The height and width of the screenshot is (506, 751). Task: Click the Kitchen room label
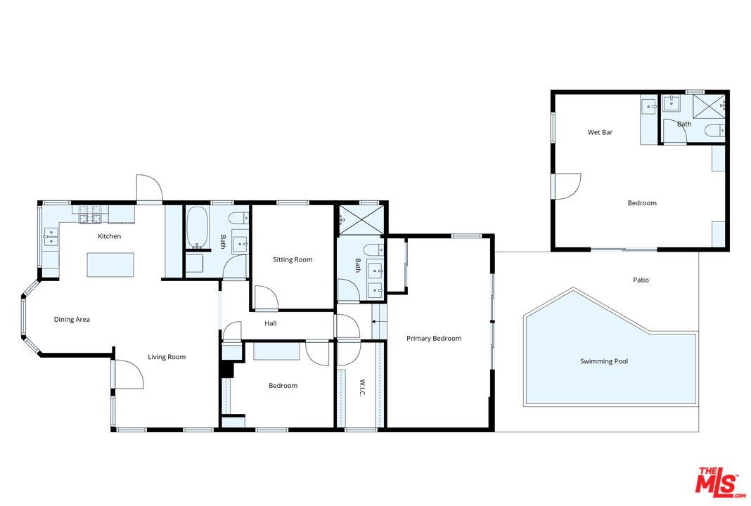[109, 236]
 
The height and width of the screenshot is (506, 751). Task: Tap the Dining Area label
[72, 320]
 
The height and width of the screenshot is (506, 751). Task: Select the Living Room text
[167, 357]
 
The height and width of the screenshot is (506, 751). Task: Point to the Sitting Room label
[293, 260]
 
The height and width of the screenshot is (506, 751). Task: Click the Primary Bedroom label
[434, 339]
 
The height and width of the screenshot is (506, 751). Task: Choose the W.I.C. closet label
[362, 388]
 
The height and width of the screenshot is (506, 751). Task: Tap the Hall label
[271, 324]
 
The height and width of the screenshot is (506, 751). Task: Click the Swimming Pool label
[604, 361]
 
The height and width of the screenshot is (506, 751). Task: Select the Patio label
[641, 280]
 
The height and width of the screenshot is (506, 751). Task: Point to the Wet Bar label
[600, 132]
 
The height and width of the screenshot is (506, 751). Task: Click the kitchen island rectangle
[110, 265]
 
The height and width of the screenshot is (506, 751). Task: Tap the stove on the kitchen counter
[90, 209]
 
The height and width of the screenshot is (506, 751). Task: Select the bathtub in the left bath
[196, 227]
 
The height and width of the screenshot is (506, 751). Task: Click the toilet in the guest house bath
[714, 130]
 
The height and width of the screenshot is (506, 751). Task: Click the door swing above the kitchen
[149, 188]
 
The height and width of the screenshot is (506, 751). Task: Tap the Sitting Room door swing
[265, 298]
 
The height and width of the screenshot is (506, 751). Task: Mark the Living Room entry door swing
[128, 374]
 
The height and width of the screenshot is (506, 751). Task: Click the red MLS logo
[719, 484]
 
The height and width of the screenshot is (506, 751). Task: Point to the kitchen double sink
[49, 236]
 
